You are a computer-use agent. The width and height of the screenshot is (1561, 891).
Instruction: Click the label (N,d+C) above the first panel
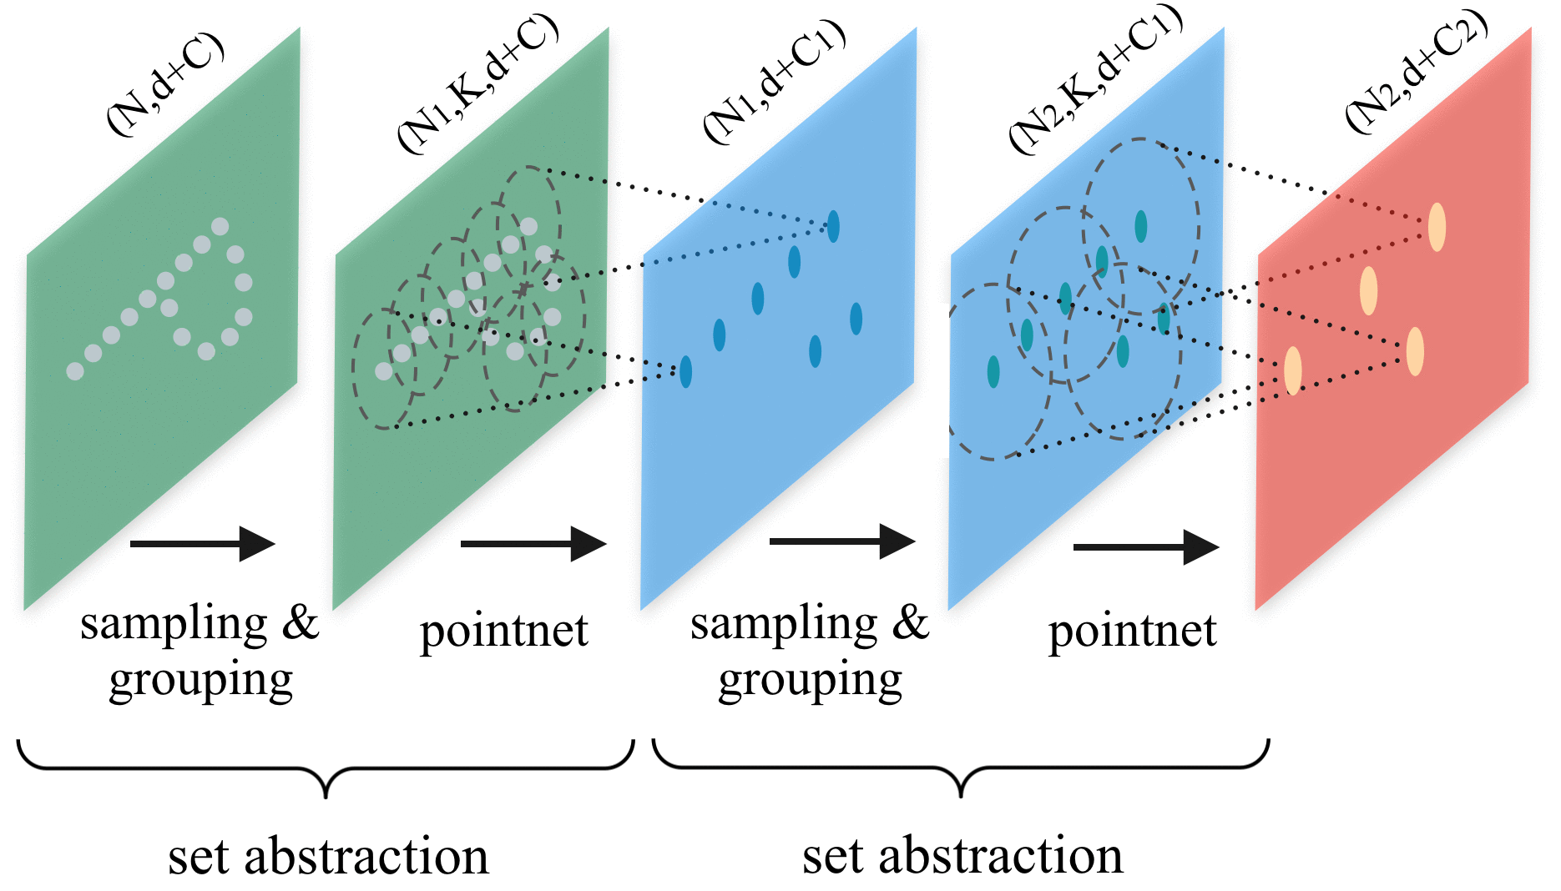[x=164, y=83]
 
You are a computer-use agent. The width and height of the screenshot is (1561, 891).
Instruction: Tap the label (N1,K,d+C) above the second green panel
[x=477, y=83]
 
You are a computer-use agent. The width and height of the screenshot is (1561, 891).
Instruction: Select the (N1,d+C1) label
[x=775, y=81]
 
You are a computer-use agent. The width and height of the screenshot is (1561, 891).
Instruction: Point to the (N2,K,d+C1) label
[x=1095, y=79]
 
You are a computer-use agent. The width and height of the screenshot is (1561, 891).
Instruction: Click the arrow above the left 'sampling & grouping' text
[x=202, y=544]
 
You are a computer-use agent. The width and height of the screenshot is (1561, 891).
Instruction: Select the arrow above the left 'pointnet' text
[x=533, y=544]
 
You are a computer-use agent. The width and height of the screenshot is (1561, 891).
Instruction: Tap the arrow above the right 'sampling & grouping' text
[x=841, y=541]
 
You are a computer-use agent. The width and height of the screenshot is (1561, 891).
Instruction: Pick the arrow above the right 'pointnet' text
[x=1145, y=547]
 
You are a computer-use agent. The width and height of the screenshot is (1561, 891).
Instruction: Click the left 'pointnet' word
[x=503, y=632]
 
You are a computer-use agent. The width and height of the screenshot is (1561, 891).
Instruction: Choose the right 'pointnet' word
[x=1132, y=632]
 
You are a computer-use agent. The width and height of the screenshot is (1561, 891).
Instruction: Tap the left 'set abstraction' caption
[x=328, y=857]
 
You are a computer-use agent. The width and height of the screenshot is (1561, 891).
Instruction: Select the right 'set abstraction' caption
[x=962, y=857]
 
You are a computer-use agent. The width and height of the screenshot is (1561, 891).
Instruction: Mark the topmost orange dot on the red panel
[x=1437, y=227]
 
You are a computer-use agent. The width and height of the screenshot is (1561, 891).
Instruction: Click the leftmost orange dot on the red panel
[x=1292, y=370]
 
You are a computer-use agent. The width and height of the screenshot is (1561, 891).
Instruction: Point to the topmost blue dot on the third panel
[x=833, y=226]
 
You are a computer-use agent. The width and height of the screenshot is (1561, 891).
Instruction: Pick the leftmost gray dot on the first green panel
[x=75, y=371]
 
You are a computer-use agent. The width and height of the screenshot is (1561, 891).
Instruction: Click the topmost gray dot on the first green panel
[x=220, y=226]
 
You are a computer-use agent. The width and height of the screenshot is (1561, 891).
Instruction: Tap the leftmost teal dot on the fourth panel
[x=993, y=371]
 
